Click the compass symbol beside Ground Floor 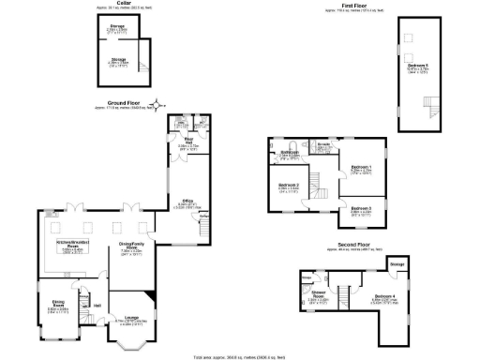coord(158,104)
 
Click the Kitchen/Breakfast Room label coord(71,247)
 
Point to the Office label coord(187,201)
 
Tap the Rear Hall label coord(186,143)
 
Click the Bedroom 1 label coord(361,167)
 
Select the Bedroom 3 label coord(361,209)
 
